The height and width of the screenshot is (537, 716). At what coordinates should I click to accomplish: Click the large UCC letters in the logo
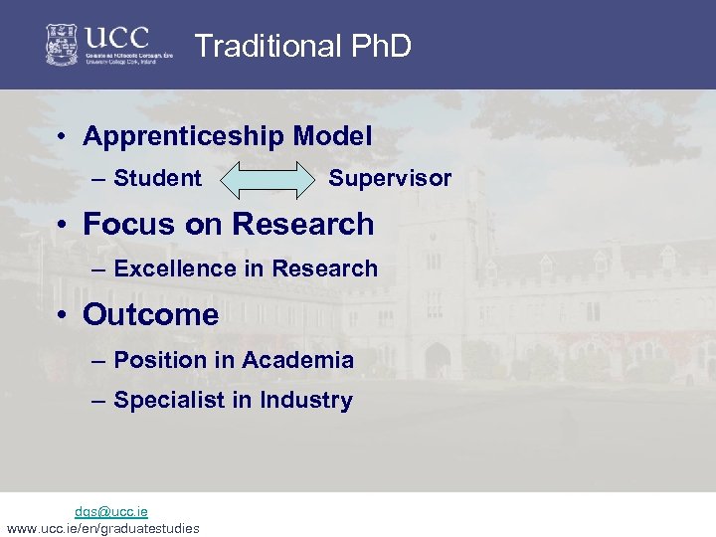point(117,38)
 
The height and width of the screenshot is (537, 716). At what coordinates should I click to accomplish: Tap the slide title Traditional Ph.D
point(302,46)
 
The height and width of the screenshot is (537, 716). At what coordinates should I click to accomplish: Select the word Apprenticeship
point(184,136)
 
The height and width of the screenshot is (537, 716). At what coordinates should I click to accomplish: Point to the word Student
point(157,179)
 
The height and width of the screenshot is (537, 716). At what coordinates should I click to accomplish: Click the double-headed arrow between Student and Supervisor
point(266,180)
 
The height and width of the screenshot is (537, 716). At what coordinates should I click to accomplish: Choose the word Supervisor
point(390,179)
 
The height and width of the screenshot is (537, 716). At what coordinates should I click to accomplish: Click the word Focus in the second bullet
point(124,225)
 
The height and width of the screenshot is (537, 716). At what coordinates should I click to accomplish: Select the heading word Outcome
point(150,315)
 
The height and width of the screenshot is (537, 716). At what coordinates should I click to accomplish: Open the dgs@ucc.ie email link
point(111,511)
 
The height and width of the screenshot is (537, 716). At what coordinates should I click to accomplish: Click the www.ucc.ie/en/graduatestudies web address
point(102,528)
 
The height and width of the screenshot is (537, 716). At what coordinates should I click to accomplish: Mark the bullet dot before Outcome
point(63,316)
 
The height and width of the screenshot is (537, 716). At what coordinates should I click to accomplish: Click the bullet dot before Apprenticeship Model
point(63,137)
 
